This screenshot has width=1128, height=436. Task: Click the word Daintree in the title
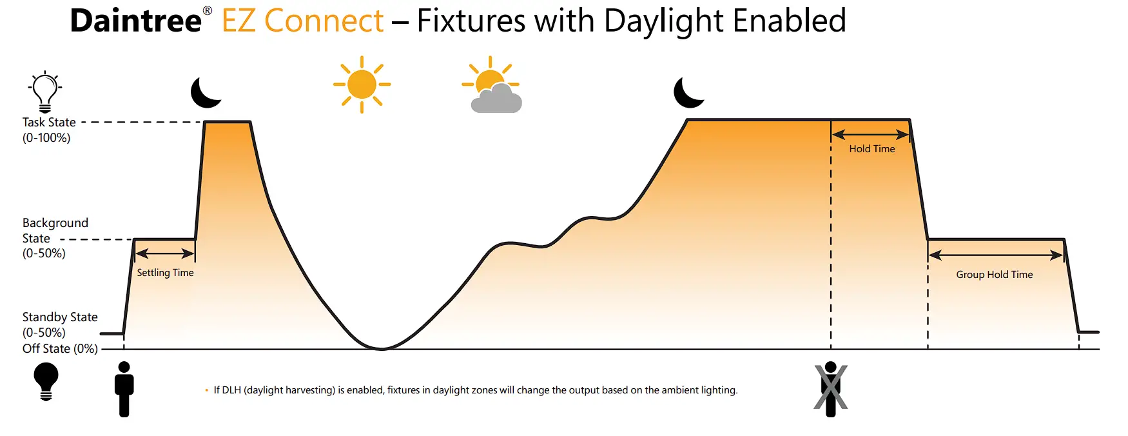[x=135, y=21]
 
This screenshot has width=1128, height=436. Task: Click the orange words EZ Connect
[x=303, y=21]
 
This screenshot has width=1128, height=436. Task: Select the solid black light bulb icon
[x=46, y=381]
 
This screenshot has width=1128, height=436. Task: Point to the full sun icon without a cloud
[x=362, y=84]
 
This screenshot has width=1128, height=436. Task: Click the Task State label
[x=49, y=123]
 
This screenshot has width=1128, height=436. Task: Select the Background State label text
[x=55, y=231]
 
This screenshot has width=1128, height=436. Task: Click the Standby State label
[x=60, y=317]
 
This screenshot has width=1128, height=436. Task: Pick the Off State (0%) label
[x=60, y=349]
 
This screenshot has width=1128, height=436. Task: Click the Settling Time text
[x=165, y=273]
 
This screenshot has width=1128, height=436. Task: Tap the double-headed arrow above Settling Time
[x=165, y=253]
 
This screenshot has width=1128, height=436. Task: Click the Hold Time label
[x=871, y=149]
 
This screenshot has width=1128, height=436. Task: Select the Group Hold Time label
[x=994, y=275]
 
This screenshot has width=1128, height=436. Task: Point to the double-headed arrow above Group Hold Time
[x=995, y=255]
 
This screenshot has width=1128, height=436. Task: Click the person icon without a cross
[x=124, y=389]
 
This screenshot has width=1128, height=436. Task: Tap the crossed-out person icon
[x=830, y=389]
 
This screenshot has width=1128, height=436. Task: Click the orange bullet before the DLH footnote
[x=207, y=390]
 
